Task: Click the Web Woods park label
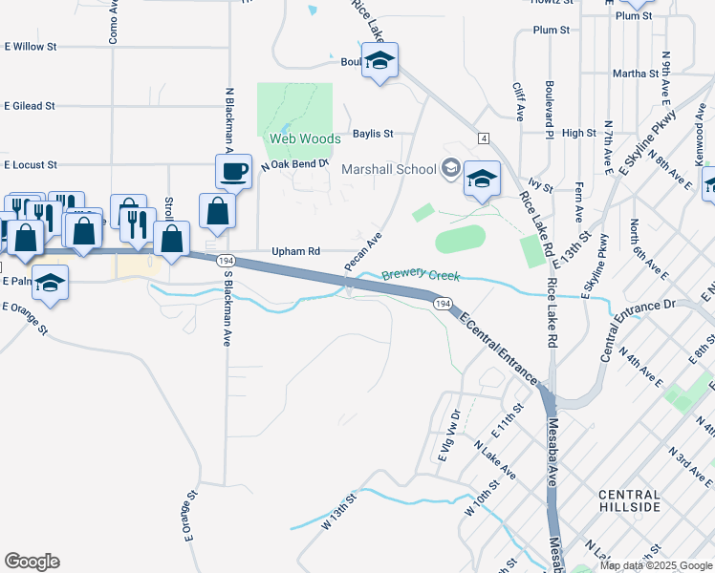click(304, 139)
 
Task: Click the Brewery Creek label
click(421, 276)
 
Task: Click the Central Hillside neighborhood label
click(628, 500)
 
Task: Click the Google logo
click(32, 562)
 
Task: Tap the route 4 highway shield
click(485, 139)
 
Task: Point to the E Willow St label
click(31, 46)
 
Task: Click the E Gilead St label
click(30, 106)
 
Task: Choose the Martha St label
click(635, 73)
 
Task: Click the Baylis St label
click(373, 134)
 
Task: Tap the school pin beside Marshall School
click(482, 180)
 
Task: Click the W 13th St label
click(338, 511)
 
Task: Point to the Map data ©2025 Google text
click(657, 565)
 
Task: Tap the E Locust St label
click(30, 165)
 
